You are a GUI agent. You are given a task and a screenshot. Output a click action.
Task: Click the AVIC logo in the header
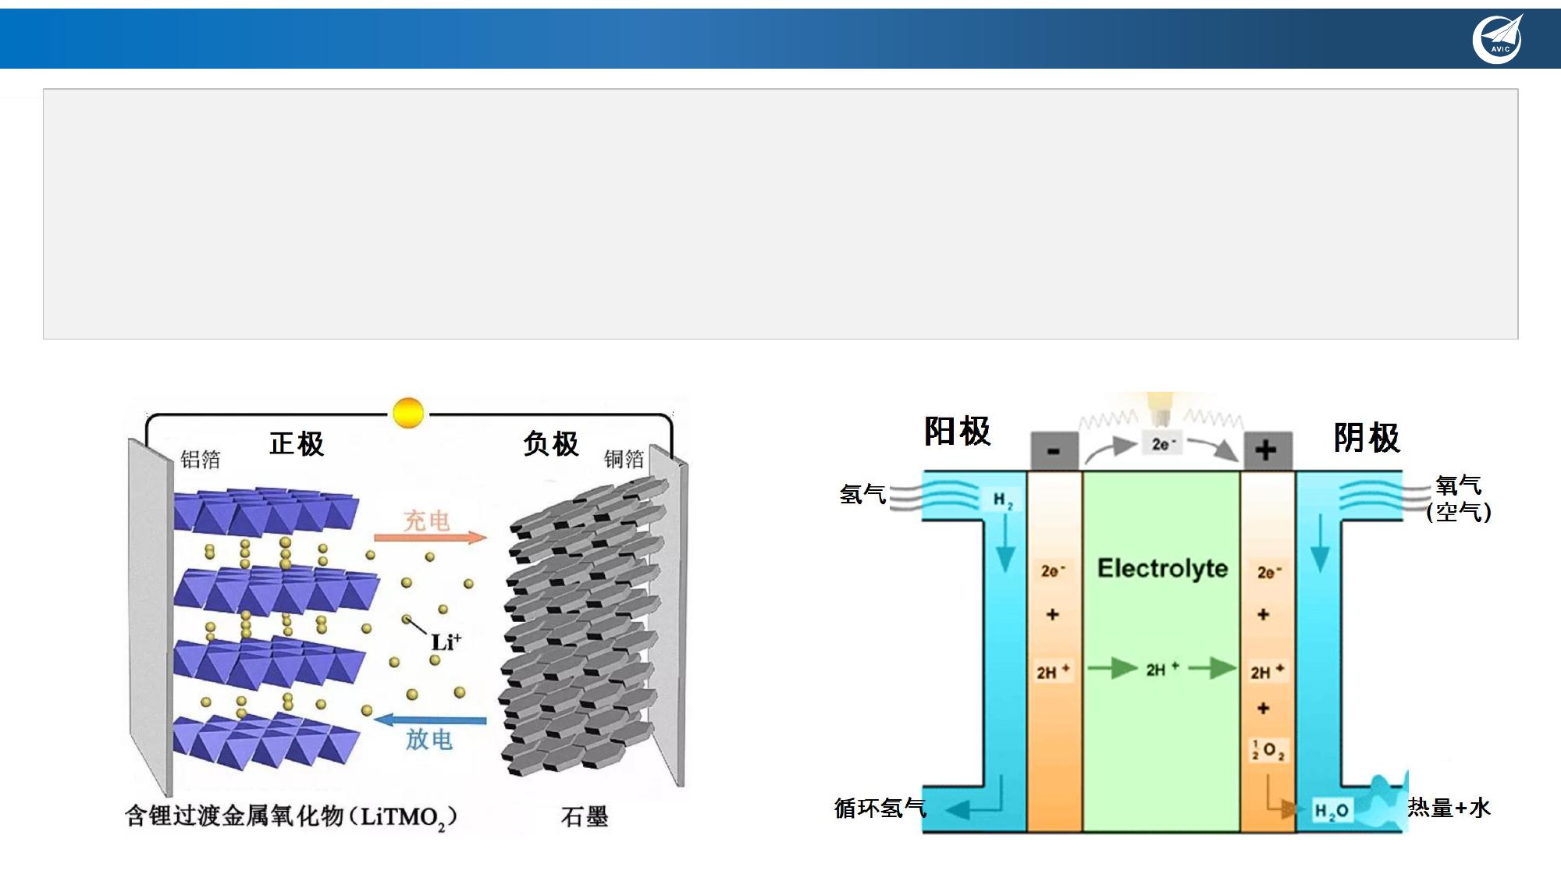tap(1497, 38)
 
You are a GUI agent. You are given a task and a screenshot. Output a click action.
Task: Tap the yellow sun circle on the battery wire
tap(408, 413)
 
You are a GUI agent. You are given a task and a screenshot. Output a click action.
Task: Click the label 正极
tap(297, 444)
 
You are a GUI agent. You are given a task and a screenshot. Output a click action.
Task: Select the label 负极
tap(551, 444)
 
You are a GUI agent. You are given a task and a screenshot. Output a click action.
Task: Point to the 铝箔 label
tap(201, 459)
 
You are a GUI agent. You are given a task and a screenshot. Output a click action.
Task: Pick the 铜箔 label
tap(624, 459)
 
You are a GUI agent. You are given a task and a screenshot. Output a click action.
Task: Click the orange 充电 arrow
tap(430, 537)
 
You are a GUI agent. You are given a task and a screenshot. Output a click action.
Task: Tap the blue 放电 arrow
tap(430, 720)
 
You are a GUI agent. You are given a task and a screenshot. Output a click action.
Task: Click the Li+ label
tap(446, 642)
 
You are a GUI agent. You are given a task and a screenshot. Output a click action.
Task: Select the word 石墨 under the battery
tap(584, 817)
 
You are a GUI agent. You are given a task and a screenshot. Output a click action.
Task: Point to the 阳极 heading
tap(957, 432)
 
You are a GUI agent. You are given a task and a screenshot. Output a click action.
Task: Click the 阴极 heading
tap(1367, 438)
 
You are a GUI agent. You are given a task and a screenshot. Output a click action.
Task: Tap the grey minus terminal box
tap(1054, 450)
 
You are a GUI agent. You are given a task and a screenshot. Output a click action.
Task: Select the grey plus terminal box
tap(1266, 450)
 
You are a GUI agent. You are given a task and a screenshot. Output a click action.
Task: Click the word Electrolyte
tap(1162, 568)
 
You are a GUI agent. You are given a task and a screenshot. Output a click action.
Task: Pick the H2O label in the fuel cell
tap(1332, 811)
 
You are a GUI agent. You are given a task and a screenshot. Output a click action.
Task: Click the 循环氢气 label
tap(880, 808)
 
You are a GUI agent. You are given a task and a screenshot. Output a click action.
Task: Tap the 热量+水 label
tap(1449, 808)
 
